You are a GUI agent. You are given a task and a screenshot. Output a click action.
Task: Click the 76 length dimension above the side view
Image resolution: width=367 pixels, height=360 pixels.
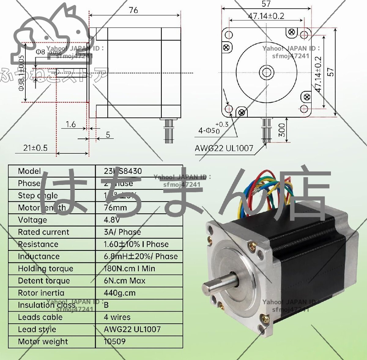tap(133, 10)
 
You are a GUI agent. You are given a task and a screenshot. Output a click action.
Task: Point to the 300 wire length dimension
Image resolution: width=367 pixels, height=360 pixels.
tap(282, 130)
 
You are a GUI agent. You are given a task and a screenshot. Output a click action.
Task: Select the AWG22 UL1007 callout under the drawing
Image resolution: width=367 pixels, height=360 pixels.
tap(224, 149)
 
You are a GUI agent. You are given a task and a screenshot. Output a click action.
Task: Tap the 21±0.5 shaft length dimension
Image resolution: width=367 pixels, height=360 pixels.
tap(35, 148)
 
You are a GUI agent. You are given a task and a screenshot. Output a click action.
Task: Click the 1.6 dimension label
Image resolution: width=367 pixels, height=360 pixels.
tap(71, 124)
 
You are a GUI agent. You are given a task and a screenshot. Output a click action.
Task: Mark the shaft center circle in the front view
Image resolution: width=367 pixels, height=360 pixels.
tap(266, 72)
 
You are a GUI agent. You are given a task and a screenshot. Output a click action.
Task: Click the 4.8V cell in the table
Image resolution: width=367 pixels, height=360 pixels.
tap(112, 220)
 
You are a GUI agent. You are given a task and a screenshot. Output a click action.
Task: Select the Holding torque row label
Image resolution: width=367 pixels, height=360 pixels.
tap(46, 269)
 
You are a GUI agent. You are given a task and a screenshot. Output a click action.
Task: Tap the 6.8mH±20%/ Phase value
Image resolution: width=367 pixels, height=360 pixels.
tap(141, 256)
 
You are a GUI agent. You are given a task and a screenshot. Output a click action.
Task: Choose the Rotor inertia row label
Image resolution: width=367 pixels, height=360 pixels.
tap(41, 293)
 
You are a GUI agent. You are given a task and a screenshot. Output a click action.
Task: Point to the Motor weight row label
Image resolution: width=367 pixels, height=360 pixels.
tap(43, 342)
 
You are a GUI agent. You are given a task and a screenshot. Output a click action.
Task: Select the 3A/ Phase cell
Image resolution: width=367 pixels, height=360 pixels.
tap(122, 232)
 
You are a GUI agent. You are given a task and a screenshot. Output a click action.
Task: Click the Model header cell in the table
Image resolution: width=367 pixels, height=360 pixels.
tap(29, 171)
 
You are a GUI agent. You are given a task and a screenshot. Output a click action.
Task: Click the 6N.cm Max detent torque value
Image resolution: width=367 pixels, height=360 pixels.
tap(124, 281)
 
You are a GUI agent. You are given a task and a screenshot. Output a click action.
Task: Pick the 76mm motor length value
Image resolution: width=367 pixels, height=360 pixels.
tap(115, 208)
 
